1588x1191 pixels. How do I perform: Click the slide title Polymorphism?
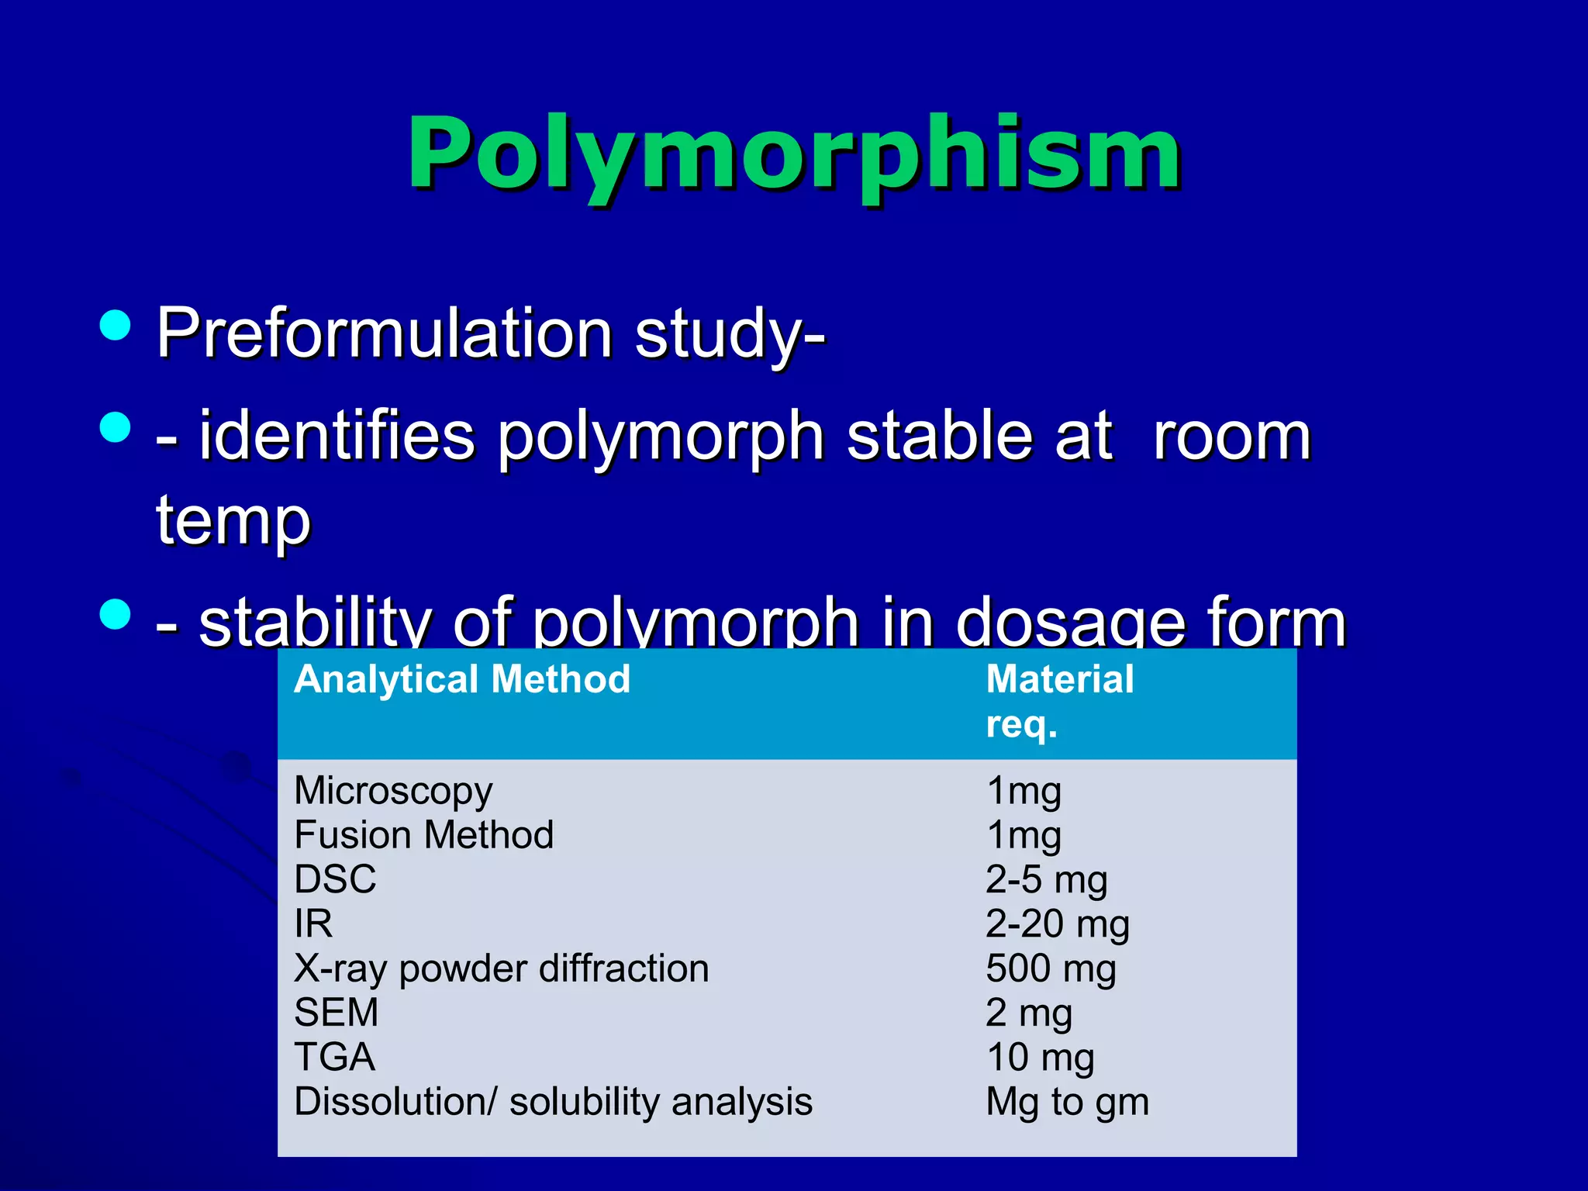tap(793, 153)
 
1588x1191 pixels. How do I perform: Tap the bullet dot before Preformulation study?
tap(116, 325)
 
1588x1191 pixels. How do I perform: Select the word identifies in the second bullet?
tap(337, 437)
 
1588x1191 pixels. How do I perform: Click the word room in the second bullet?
tap(1231, 437)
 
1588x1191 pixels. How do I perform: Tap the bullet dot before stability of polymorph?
tap(116, 614)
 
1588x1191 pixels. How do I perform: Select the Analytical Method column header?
tap(462, 679)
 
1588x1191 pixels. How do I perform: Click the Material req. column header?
tap(1059, 701)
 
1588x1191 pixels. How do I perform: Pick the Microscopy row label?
tap(393, 791)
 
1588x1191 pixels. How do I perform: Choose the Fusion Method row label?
tap(423, 835)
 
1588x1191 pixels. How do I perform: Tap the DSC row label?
tap(335, 879)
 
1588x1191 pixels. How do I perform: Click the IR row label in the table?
tap(313, 923)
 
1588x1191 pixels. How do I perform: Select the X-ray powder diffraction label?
tap(501, 968)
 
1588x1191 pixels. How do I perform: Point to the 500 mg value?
tap(1051, 968)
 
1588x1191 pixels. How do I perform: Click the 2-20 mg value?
tap(1057, 923)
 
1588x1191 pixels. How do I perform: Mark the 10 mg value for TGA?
tap(1040, 1057)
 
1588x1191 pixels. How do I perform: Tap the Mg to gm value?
tap(1067, 1102)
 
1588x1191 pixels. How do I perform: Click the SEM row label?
tap(336, 1013)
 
